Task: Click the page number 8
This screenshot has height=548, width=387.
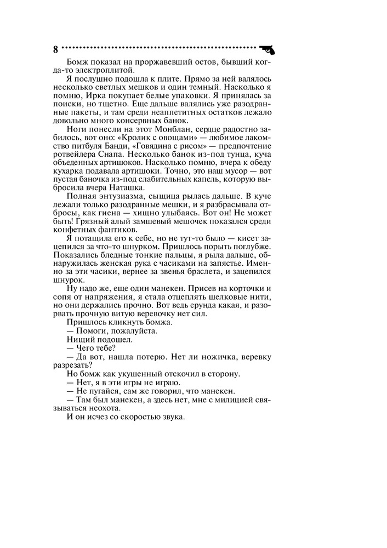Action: [x=55, y=49]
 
